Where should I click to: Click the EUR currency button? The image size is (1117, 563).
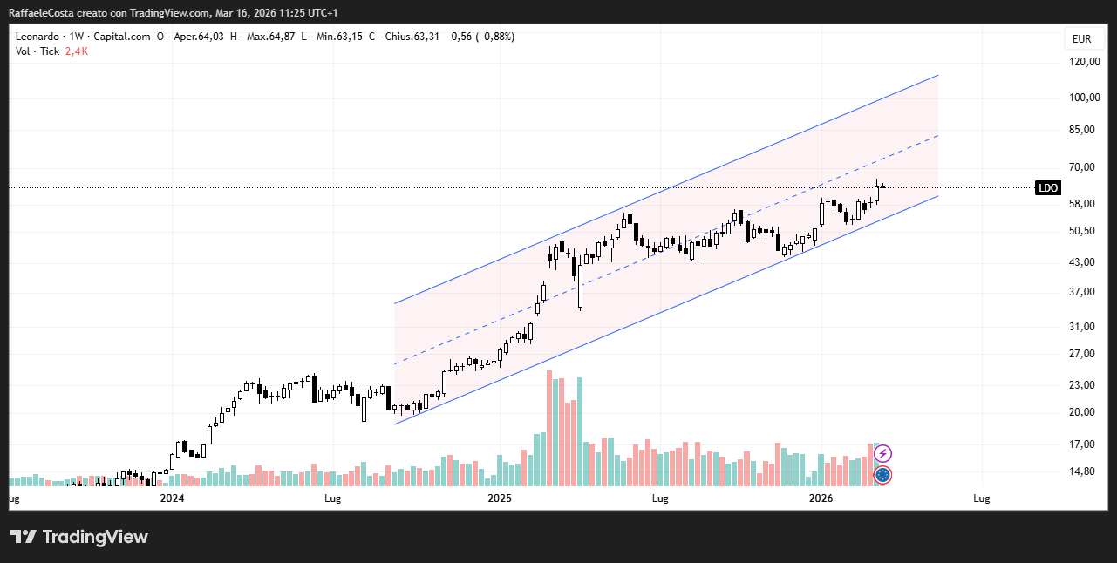(x=1081, y=38)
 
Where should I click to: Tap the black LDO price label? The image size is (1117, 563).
(x=1047, y=187)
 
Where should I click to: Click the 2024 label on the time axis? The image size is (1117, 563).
(x=173, y=499)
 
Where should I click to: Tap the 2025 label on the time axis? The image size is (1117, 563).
(x=500, y=499)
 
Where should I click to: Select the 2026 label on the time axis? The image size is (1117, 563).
(x=821, y=499)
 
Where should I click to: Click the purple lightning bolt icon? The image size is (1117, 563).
(x=882, y=453)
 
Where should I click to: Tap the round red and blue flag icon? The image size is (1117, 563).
(x=882, y=475)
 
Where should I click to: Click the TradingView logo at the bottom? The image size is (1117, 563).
(x=79, y=537)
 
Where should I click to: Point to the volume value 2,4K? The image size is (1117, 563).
(x=77, y=51)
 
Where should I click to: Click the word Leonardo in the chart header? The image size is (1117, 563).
(x=37, y=37)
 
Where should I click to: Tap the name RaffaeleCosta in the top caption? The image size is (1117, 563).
(x=41, y=13)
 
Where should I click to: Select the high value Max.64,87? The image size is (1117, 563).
(x=271, y=37)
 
